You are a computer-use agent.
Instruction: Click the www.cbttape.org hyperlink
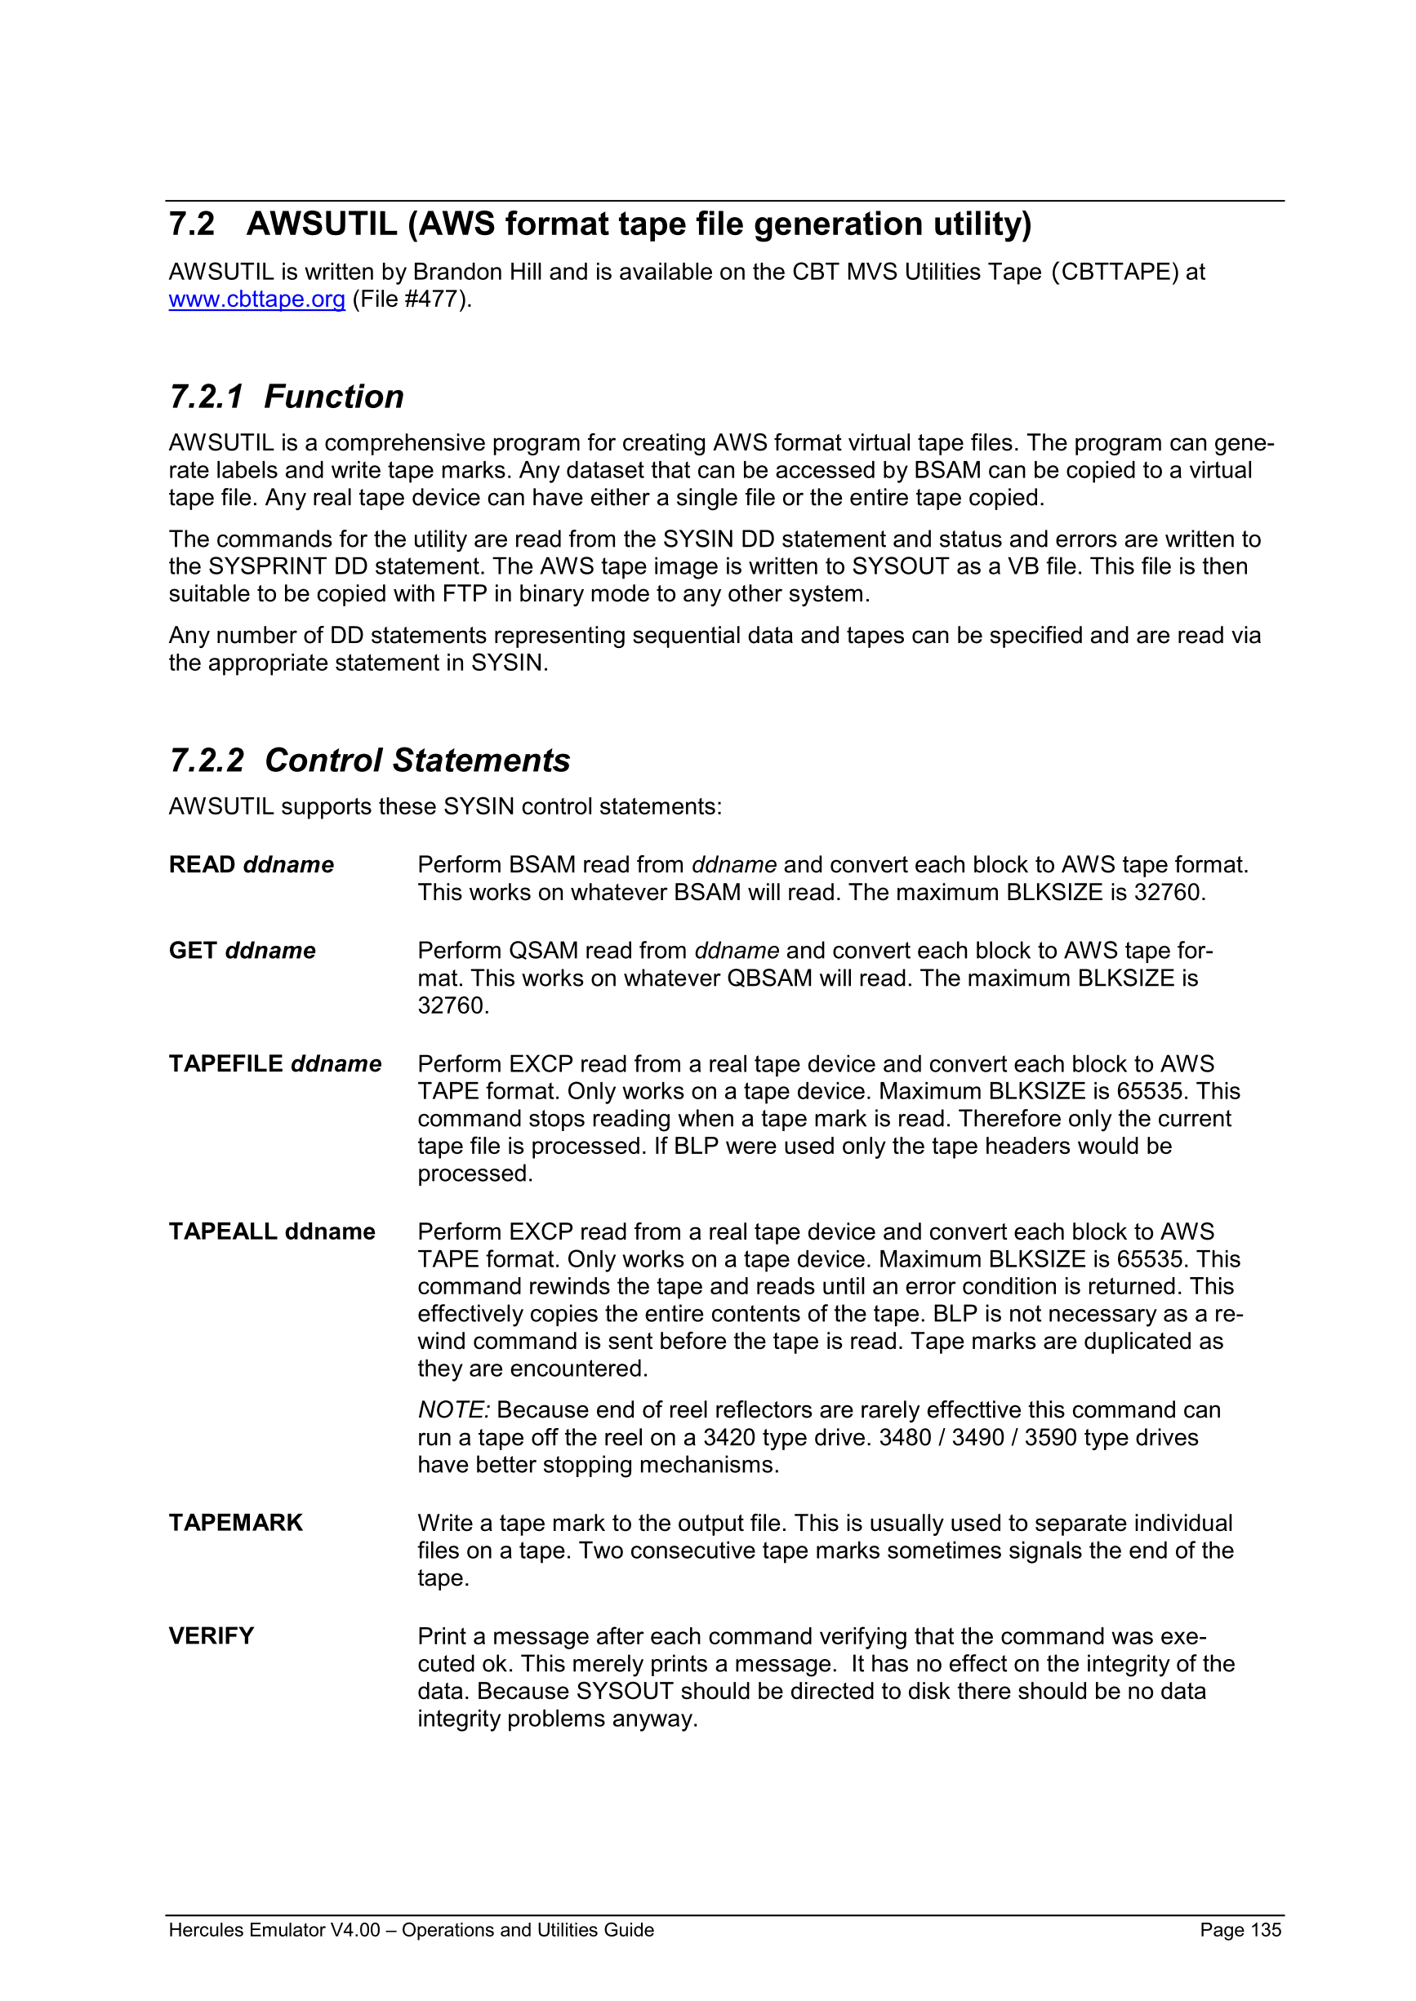tap(256, 299)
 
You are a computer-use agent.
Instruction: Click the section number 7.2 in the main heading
tap(191, 224)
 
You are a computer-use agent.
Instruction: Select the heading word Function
tap(334, 397)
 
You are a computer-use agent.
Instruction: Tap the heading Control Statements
tap(416, 760)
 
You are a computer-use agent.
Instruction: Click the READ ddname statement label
tap(252, 864)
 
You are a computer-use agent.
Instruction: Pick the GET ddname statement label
tap(242, 950)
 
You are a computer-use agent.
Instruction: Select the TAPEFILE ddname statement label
tap(274, 1063)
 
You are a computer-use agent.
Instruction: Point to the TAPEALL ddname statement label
tap(271, 1231)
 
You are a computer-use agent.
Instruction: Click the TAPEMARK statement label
tap(235, 1523)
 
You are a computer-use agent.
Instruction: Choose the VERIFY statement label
tap(211, 1636)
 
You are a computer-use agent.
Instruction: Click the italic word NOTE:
tap(453, 1410)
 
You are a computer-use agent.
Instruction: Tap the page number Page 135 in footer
tap(1240, 1929)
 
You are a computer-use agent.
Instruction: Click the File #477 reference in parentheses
tap(412, 299)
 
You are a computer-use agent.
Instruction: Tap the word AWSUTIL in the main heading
tap(322, 224)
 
